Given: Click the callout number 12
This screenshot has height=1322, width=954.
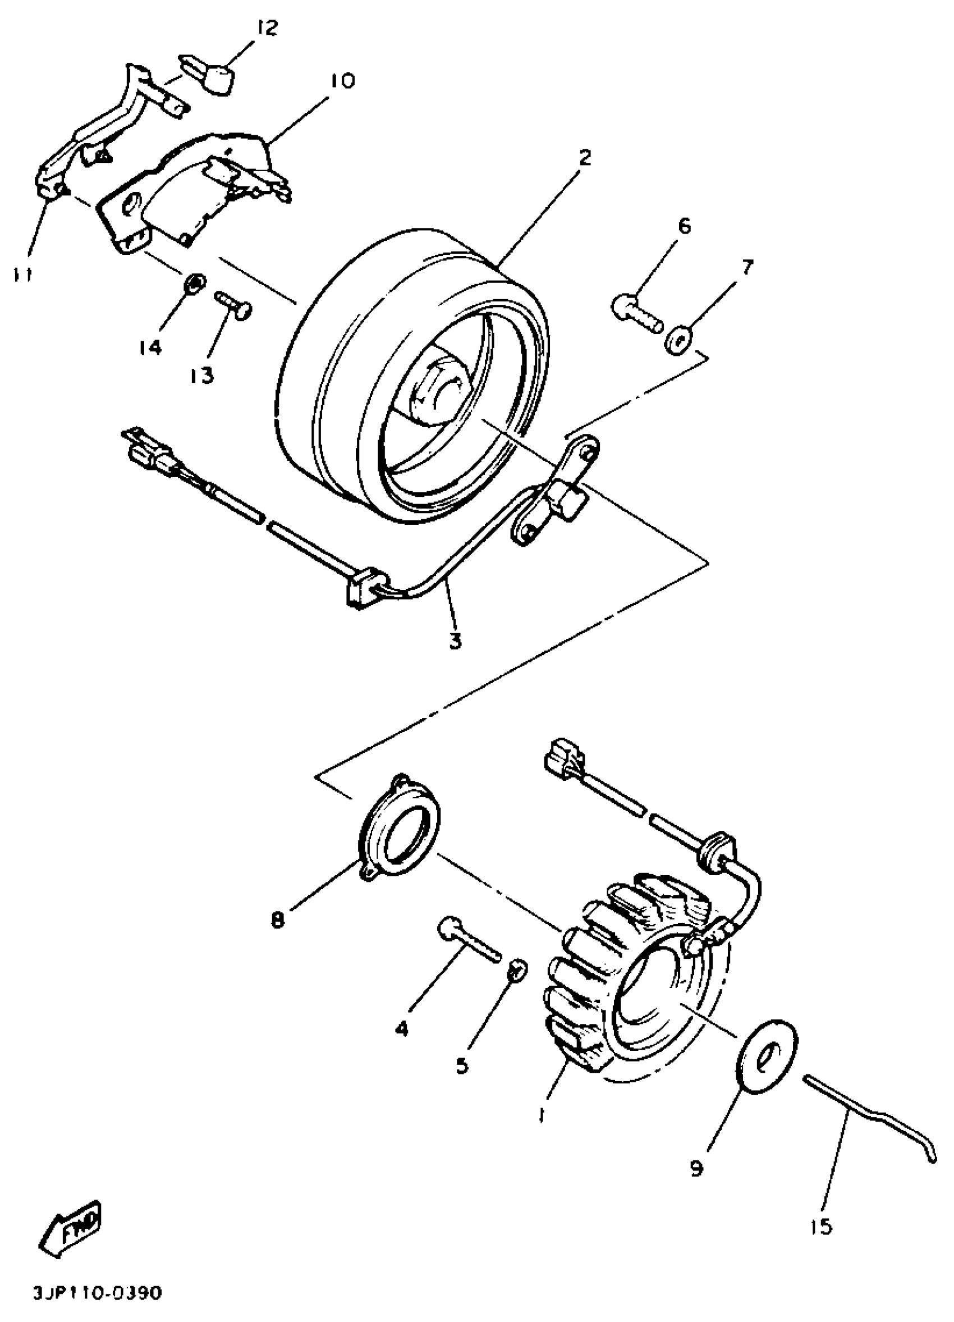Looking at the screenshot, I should (267, 28).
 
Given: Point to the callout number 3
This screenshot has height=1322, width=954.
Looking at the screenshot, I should (456, 641).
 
